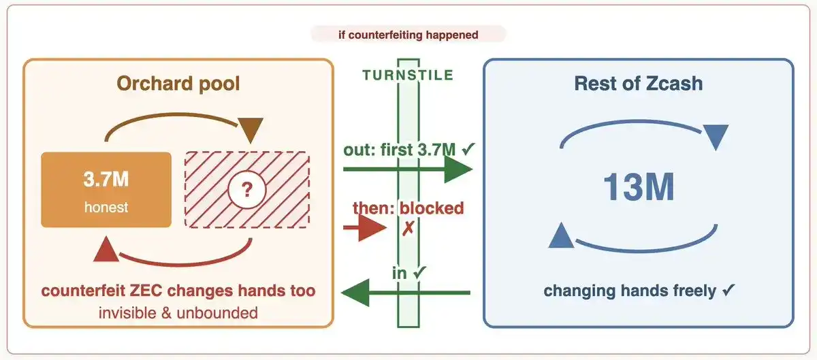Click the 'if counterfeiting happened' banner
click(408, 35)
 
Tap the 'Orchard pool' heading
click(178, 84)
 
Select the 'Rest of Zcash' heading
click(639, 84)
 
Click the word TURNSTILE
click(408, 75)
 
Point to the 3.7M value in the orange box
click(106, 179)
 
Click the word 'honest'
click(106, 207)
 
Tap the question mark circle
click(247, 190)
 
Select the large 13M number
click(639, 187)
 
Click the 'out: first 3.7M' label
click(400, 150)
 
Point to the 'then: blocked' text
click(408, 208)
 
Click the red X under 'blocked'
click(408, 229)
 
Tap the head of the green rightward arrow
click(458, 169)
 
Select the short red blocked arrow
click(365, 227)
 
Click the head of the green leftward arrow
click(355, 293)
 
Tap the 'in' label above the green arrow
click(400, 273)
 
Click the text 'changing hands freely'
click(630, 291)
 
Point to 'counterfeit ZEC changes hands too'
click(178, 291)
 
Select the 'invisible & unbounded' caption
click(178, 313)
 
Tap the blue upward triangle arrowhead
click(561, 235)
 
